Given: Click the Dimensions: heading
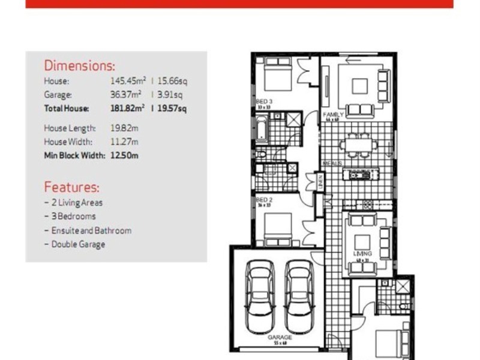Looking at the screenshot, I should [x=79, y=66].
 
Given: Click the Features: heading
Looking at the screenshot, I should [x=71, y=187].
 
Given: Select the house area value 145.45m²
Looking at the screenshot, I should [x=127, y=80].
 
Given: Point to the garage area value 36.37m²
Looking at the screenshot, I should [x=126, y=94].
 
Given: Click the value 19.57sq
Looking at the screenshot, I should [x=172, y=109].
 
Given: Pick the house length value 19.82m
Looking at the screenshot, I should [x=124, y=128].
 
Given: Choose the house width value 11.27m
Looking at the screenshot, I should [x=124, y=142].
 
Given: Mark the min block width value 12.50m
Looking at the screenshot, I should [x=124, y=155].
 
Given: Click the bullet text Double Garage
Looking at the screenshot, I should [x=78, y=244].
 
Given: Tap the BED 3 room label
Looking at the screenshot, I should [x=264, y=102].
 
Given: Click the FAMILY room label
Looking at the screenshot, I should [x=333, y=114].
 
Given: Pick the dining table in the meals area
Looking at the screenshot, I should [x=358, y=144].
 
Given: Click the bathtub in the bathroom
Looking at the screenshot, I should [x=261, y=128].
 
